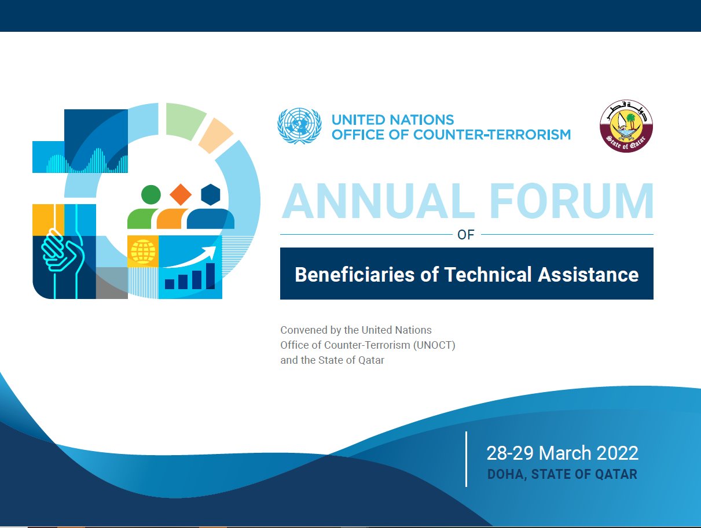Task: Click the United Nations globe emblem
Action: (299, 125)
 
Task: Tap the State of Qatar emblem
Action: (626, 125)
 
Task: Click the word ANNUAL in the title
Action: (378, 201)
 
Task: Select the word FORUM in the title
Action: (571, 201)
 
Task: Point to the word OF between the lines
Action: (465, 235)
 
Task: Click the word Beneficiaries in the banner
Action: (354, 274)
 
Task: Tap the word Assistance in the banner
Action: (588, 274)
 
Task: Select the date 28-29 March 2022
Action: (562, 453)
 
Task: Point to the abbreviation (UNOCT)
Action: (434, 345)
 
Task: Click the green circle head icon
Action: (151, 194)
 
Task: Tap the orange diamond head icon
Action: (181, 195)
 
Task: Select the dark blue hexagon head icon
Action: (211, 195)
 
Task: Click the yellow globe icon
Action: (143, 252)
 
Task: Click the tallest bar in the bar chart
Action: (211, 276)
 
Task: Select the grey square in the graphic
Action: (112, 283)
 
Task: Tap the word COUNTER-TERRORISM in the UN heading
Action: (492, 135)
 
